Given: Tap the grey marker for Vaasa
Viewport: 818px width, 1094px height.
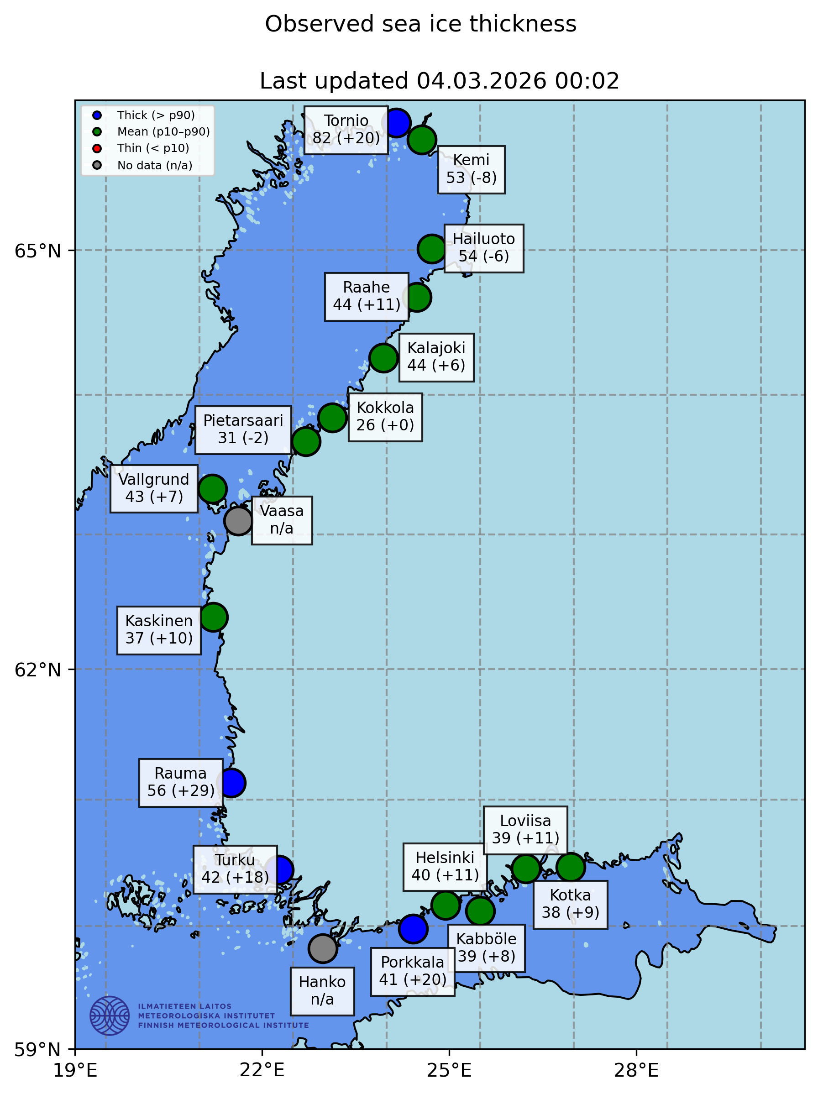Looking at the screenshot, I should pyautogui.click(x=238, y=520).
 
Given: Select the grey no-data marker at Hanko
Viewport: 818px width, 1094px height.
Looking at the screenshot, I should pyautogui.click(x=322, y=948).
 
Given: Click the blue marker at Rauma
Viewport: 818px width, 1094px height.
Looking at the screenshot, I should pyautogui.click(x=231, y=783).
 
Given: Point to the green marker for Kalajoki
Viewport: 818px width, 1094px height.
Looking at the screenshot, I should pyautogui.click(x=383, y=357).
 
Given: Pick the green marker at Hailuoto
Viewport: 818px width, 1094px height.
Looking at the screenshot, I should pyautogui.click(x=432, y=249).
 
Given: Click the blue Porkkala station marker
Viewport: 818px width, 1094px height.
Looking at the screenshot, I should pyautogui.click(x=413, y=929).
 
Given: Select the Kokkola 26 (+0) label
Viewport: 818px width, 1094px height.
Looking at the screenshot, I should pyautogui.click(x=385, y=417).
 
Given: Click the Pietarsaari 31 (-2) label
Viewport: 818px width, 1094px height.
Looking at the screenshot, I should pyautogui.click(x=243, y=429).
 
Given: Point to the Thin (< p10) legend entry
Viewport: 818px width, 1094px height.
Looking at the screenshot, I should pyautogui.click(x=153, y=148).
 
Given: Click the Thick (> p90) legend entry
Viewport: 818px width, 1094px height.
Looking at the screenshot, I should pyautogui.click(x=155, y=115).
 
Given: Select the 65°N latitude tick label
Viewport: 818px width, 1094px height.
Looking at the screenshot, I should pyautogui.click(x=37, y=251).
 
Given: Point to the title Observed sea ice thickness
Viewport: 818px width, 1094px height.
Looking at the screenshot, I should pyautogui.click(x=420, y=24).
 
